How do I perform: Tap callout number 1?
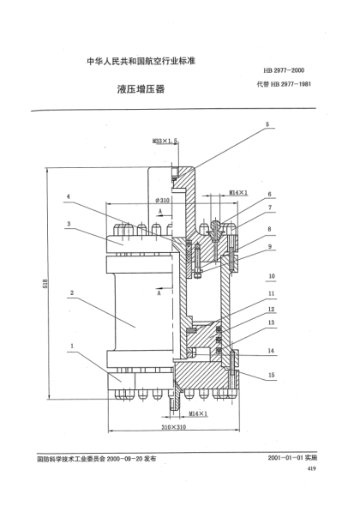point(73,346)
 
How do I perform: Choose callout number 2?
point(73,292)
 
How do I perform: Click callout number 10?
point(270,276)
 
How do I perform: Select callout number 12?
point(270,310)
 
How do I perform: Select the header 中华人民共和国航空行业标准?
point(136,62)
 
